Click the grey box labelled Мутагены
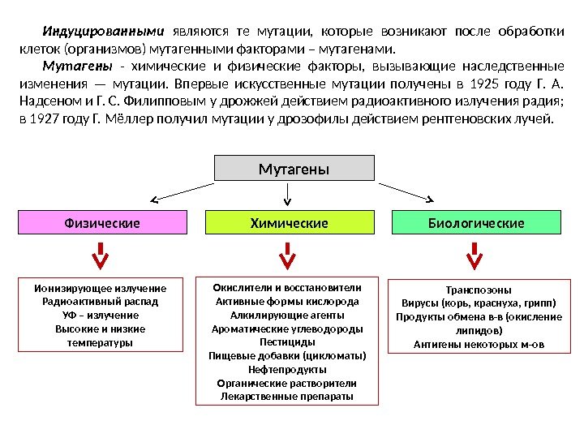click(x=294, y=169)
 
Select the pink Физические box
click(x=103, y=222)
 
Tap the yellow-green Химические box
click(x=290, y=222)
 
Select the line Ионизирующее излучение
click(x=101, y=288)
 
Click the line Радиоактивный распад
click(x=101, y=302)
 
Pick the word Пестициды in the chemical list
click(x=287, y=342)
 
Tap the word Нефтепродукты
click(x=287, y=369)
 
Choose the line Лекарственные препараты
click(x=287, y=397)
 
